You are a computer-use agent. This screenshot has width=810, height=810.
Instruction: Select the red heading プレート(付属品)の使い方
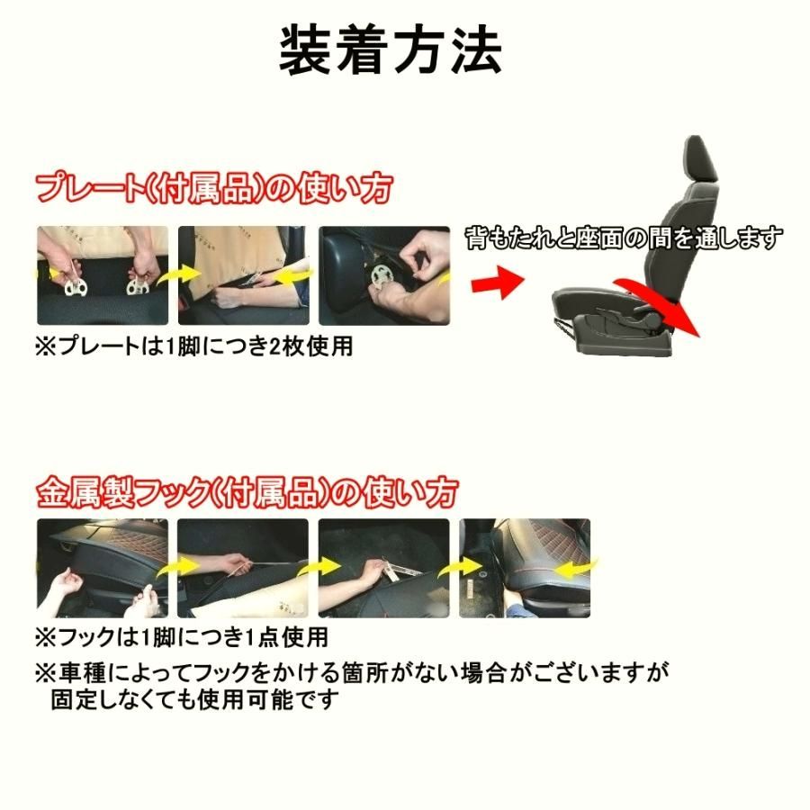(214, 190)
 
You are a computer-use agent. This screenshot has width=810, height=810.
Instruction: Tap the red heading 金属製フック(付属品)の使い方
(247, 492)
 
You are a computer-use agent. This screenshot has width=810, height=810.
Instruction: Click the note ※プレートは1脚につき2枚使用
(193, 346)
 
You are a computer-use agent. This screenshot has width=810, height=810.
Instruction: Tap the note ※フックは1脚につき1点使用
(180, 637)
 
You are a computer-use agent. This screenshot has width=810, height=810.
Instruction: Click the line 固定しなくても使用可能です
(193, 699)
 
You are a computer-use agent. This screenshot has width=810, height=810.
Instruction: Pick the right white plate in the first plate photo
(138, 286)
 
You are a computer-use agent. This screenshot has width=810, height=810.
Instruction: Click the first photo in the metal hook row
(102, 567)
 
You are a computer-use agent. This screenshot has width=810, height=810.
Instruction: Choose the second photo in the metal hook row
(243, 567)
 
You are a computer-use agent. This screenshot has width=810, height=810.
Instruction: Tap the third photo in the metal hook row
(384, 567)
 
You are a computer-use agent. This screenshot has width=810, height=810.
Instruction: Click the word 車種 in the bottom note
(78, 671)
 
